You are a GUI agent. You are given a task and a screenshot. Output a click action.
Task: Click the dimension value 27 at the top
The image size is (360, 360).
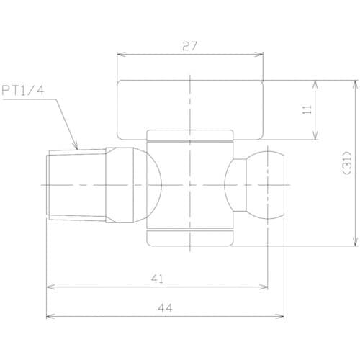coord(189,46)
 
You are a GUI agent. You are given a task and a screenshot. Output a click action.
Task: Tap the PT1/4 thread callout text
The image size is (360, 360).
coord(23,91)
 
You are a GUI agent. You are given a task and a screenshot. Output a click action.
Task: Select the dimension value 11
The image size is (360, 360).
coord(307,109)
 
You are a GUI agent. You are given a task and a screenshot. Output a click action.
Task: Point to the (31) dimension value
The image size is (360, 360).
coord(348,163)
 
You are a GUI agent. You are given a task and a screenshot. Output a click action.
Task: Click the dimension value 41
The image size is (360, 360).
coord(157,279)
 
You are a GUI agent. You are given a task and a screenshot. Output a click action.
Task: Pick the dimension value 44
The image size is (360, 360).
coord(165,307)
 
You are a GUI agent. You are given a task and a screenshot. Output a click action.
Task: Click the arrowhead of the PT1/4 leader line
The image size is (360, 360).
coord(76,147)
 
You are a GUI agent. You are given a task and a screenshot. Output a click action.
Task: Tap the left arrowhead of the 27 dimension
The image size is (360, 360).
coord(121,55)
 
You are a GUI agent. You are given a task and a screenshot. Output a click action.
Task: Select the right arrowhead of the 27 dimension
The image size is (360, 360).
coord(258,55)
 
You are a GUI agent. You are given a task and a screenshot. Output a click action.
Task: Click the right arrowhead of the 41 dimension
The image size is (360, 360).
coord(264,287)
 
